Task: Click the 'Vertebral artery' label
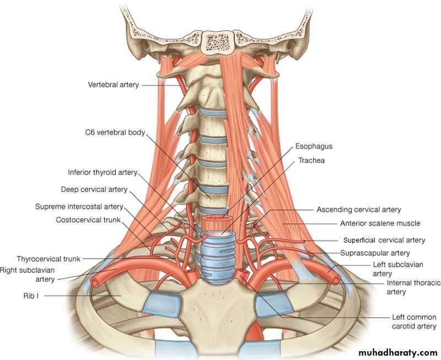click(114, 85)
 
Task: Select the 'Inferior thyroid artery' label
click(103, 172)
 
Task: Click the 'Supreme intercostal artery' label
click(79, 207)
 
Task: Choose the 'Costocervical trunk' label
click(87, 220)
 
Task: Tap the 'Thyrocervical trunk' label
click(49, 258)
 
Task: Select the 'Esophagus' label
click(314, 147)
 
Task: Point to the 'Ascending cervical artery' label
click(358, 209)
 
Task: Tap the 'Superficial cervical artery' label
click(384, 240)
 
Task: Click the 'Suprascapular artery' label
click(375, 253)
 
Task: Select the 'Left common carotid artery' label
click(413, 321)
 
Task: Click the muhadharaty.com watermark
click(397, 352)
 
